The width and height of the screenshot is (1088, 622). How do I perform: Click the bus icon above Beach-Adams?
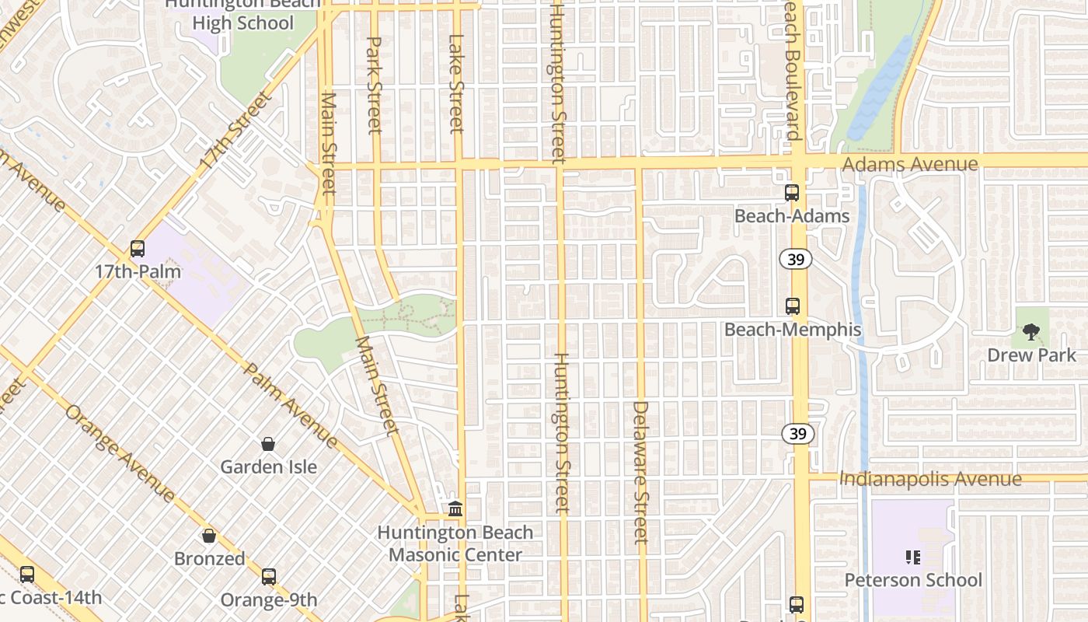coord(792,193)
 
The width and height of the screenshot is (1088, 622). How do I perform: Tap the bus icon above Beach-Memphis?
coord(793,306)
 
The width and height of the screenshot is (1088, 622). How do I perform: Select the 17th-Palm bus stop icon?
coord(138,249)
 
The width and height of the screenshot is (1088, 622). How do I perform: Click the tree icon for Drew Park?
coord(1031,333)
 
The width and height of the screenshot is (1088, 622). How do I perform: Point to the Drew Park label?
coord(1031,355)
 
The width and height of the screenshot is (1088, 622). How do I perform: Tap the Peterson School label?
coord(913,580)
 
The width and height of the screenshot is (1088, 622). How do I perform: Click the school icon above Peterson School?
coord(913,557)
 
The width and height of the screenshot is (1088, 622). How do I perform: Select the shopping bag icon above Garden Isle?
coord(268,444)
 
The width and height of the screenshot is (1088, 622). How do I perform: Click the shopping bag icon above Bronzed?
coord(208,536)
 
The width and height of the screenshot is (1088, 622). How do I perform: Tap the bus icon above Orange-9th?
coord(269,577)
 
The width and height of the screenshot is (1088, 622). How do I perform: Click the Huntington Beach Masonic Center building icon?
coord(455,509)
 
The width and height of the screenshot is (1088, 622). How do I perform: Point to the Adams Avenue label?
coord(910,164)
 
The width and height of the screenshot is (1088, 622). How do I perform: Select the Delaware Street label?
coord(640,472)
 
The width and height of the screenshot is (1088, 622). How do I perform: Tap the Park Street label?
coord(375,85)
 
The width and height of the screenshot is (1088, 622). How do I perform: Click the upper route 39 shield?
coord(796,260)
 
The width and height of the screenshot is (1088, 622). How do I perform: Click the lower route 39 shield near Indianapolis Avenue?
coord(798,434)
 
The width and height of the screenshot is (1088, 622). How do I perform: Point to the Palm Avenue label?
coord(290,404)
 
